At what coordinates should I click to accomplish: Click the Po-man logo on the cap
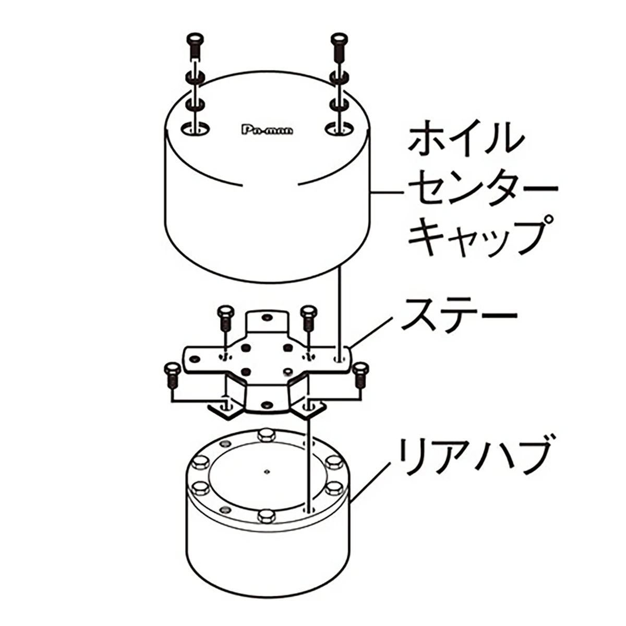click(x=268, y=130)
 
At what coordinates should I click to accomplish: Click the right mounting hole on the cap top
click(x=339, y=129)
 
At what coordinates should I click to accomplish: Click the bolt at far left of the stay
click(x=172, y=376)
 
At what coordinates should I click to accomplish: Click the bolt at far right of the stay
click(x=359, y=376)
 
